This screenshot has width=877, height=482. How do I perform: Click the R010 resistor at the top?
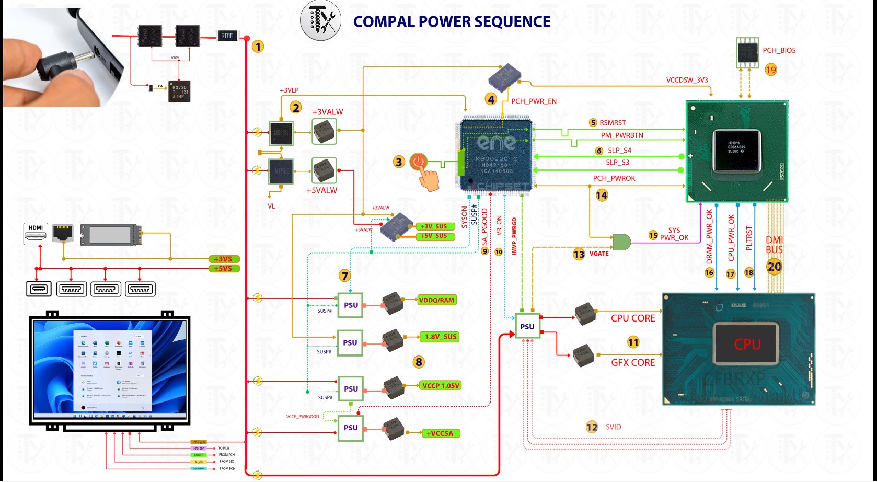coord(227,36)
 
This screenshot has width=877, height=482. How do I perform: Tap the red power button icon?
coord(418,162)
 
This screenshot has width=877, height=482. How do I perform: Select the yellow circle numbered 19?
coord(771,70)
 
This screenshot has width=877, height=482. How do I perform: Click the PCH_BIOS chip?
coord(747,52)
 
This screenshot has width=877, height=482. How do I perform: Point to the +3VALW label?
coord(328,112)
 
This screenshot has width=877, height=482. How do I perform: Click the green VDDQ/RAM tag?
coord(436,300)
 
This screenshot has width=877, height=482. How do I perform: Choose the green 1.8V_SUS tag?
coord(441,337)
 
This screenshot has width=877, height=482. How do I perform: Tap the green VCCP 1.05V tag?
coord(441,386)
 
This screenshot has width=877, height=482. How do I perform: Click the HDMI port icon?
coord(36,233)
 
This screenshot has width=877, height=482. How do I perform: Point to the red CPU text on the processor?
coord(747,345)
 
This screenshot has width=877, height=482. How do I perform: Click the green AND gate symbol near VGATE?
coord(621,242)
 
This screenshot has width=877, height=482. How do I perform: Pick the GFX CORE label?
coord(633,362)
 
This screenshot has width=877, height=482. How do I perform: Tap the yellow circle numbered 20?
coord(774,267)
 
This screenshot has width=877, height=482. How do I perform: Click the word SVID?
coord(614,427)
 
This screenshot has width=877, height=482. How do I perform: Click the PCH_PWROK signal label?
coord(614,178)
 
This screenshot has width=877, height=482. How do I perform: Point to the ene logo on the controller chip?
coord(496,142)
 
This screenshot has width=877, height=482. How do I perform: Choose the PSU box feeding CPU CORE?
coord(527,327)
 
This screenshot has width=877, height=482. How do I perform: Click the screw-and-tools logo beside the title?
coord(320,21)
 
